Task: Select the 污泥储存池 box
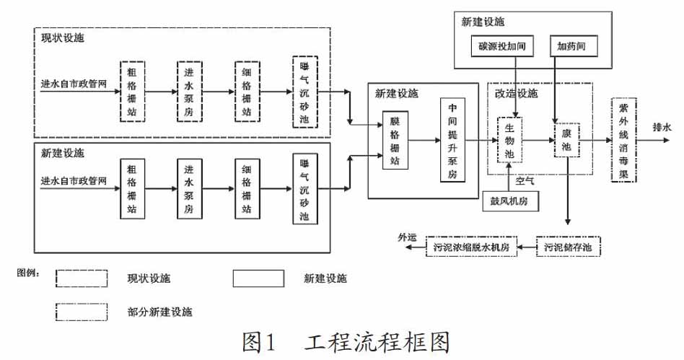click(568, 247)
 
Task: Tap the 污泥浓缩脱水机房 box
click(471, 247)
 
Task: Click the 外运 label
click(407, 236)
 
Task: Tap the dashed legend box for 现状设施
click(82, 278)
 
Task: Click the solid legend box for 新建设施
click(258, 278)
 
